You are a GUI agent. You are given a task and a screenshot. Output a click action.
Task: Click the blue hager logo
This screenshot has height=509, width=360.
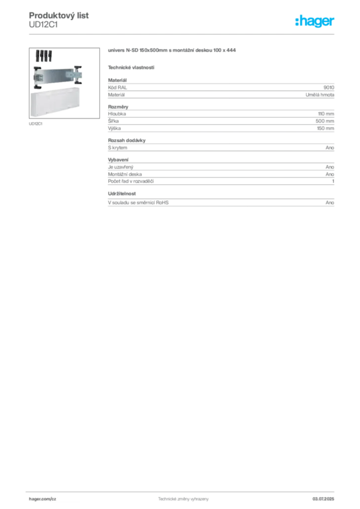[x=316, y=22]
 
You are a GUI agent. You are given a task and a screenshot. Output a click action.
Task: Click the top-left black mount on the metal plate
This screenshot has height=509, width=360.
[x=36, y=66]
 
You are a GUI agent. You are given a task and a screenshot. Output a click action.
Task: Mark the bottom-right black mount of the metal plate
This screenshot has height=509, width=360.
[x=78, y=85]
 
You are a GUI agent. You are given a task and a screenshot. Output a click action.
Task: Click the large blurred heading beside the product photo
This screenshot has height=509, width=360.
[x=173, y=51]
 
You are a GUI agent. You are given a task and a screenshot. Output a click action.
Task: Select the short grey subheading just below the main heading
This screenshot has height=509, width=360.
[x=131, y=67]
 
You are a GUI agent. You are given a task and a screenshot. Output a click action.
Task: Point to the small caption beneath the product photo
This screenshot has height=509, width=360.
[x=35, y=123]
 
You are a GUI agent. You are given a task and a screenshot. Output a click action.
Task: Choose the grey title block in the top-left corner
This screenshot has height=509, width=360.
[x=59, y=20]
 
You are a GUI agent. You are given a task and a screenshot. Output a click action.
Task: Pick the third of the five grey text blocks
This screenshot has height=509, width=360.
[x=222, y=147]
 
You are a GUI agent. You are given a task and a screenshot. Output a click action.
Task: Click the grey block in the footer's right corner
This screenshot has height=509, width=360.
[x=327, y=497]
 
